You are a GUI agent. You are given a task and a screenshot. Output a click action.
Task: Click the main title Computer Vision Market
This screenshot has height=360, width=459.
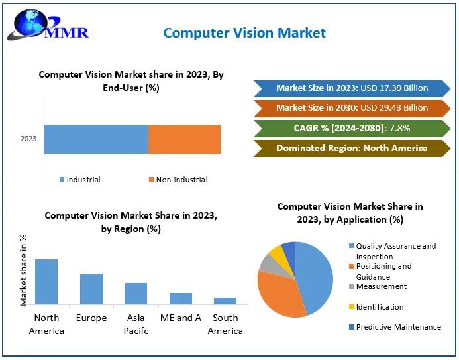click(244, 32)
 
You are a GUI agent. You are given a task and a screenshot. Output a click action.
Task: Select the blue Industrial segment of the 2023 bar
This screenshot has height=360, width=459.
click(96, 139)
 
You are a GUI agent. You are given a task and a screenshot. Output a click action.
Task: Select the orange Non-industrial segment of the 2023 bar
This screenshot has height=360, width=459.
click(184, 139)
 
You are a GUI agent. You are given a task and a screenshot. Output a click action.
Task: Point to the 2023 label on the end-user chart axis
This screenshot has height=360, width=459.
click(28, 139)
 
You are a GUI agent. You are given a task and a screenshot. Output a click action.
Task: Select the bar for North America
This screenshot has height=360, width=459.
click(46, 281)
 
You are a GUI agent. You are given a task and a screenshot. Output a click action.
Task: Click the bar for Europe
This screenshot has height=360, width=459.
click(91, 289)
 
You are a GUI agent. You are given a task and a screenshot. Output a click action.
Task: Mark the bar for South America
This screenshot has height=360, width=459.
click(225, 300)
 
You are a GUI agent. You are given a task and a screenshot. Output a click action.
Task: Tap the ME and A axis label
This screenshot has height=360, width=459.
click(180, 318)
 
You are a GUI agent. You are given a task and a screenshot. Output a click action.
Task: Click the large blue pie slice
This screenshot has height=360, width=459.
click(315, 275)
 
